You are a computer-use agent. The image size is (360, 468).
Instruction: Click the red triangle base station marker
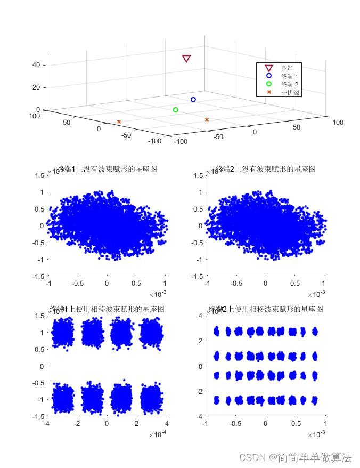click(186, 59)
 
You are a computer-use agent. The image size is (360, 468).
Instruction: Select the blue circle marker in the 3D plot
click(193, 100)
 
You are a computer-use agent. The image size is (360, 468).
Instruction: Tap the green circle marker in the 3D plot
click(175, 110)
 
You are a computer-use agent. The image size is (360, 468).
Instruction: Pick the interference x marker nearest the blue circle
click(207, 119)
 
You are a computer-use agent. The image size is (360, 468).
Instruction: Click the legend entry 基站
click(287, 68)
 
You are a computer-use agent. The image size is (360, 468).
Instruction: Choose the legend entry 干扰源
click(290, 92)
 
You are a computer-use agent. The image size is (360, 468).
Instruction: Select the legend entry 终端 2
click(290, 84)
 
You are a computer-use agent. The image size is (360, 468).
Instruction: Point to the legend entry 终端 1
click(290, 76)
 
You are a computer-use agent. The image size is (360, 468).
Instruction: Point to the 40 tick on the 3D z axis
click(37, 65)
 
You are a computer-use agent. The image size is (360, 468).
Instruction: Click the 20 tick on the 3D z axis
click(37, 87)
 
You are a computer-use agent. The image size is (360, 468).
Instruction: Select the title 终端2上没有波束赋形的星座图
click(266, 169)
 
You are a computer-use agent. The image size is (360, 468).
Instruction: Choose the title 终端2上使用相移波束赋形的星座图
click(266, 309)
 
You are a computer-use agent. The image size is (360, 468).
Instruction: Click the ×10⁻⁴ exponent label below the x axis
click(157, 435)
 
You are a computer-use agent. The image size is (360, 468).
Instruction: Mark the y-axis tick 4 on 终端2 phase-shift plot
click(201, 316)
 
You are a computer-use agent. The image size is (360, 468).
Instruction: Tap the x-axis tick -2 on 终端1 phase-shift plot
click(76, 424)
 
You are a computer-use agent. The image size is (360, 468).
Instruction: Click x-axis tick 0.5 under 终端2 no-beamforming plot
click(295, 284)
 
